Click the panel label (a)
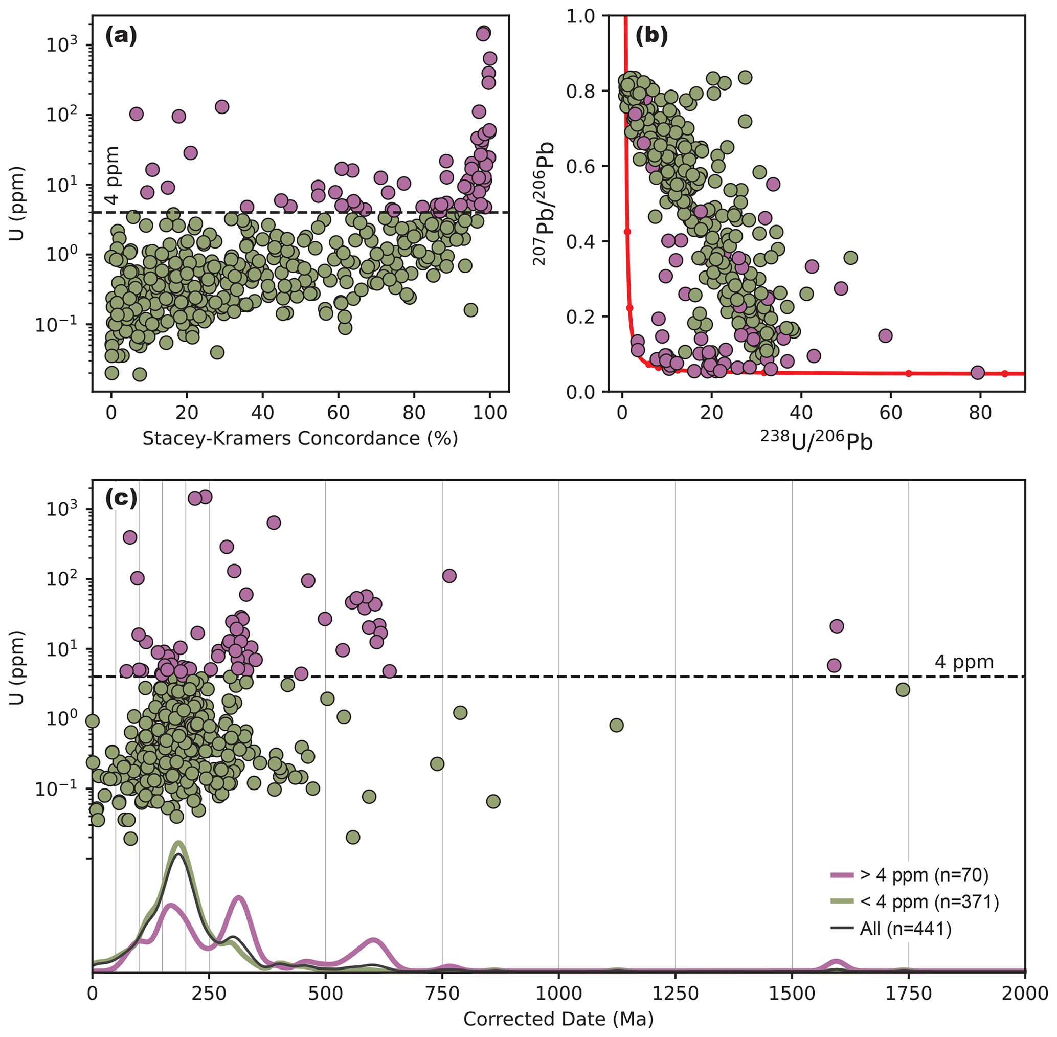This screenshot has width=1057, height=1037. point(120,36)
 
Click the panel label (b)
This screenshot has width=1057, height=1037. point(651,36)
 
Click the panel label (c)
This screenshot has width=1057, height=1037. point(120,499)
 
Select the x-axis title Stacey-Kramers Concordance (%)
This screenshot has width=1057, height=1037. point(300,438)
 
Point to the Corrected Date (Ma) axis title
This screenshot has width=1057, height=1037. point(558,1019)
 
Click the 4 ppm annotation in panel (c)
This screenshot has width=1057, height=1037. point(964,662)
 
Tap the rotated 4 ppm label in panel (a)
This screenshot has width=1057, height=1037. point(111,175)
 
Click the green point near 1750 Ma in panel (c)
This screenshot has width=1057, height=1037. point(903,689)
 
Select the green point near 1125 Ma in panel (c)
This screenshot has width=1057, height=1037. point(616,725)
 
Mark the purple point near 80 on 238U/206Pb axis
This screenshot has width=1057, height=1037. point(978,373)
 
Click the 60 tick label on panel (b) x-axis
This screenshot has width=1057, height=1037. point(891,412)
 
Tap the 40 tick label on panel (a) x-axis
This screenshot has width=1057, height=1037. point(262,412)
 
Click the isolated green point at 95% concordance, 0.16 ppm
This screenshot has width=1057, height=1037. point(470,310)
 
